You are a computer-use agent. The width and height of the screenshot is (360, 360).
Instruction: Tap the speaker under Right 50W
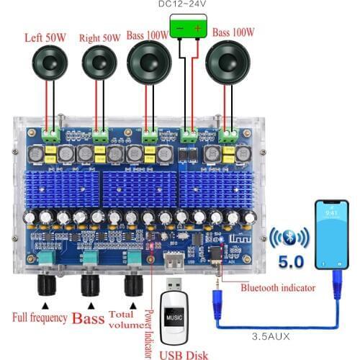(x=99, y=65)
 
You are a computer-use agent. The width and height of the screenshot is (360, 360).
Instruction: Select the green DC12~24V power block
(x=189, y=30)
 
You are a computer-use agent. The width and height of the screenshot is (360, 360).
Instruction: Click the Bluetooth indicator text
(x=278, y=288)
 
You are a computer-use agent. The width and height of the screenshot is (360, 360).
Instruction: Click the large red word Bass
(x=90, y=317)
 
